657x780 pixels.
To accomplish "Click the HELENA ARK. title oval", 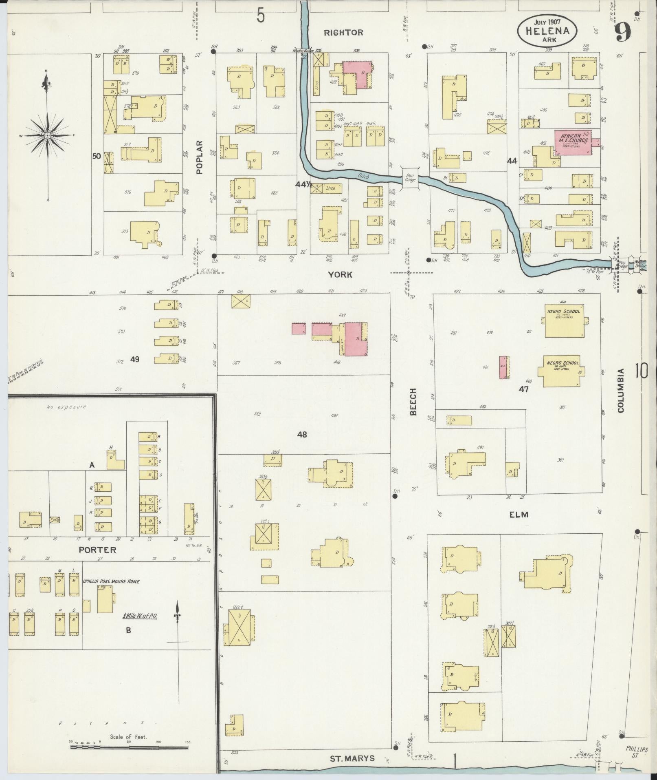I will (547, 31).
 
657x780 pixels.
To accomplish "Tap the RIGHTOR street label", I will (344, 32).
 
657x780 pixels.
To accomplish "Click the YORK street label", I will (341, 275).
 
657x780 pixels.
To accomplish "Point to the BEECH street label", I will (414, 402).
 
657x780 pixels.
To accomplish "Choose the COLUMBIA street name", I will (621, 391).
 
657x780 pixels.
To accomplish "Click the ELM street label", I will (519, 515).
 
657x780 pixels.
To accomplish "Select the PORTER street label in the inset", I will (97, 550).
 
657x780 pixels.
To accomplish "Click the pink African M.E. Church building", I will (572, 142).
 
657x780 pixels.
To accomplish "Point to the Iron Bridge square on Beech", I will (410, 178).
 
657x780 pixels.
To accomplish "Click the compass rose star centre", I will (48, 135).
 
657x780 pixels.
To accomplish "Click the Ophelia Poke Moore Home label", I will (111, 581).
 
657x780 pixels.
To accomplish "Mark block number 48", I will (302, 435).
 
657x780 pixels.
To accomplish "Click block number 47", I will (523, 389).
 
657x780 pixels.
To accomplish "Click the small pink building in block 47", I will (504, 367).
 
